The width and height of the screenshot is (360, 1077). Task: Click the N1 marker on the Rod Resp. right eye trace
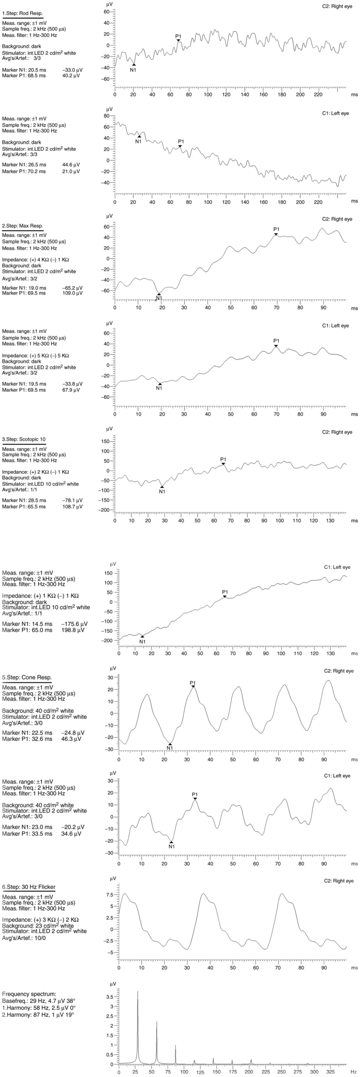click(134, 65)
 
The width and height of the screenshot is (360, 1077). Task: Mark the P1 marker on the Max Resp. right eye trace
click(276, 234)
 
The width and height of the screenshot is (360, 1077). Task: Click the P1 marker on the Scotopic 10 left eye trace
click(225, 596)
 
